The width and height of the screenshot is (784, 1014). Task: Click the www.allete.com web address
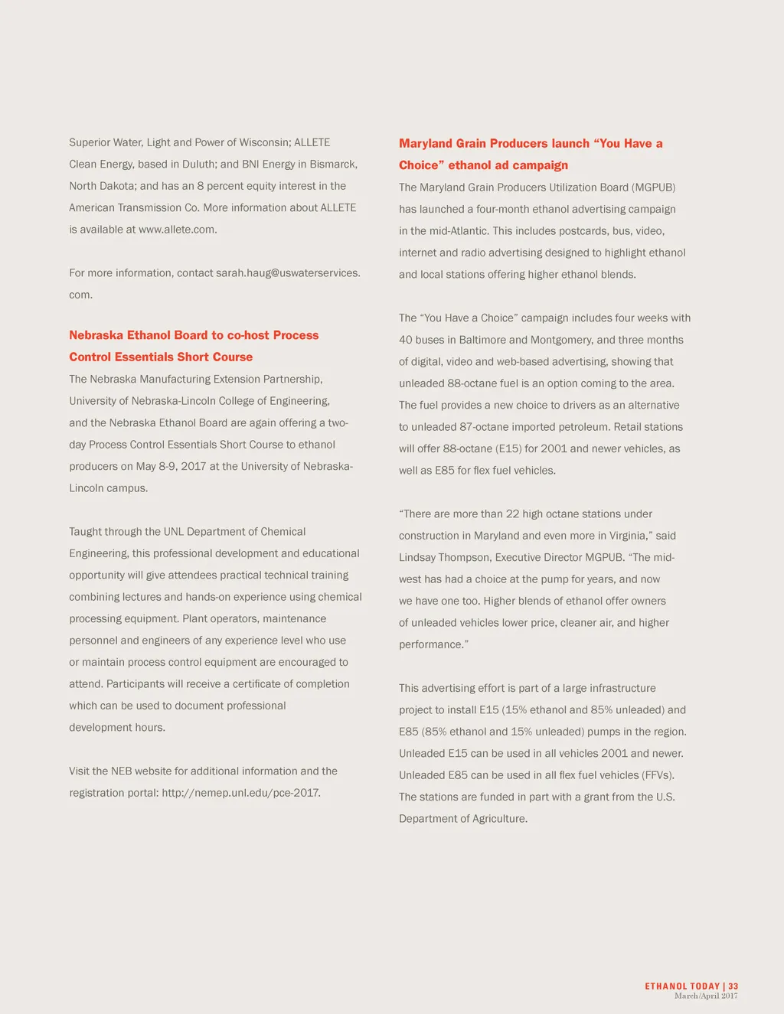[177, 230]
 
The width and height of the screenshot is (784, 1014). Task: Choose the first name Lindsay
[418, 558]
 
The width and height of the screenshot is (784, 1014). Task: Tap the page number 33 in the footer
[733, 986]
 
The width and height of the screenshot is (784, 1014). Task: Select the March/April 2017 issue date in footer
[706, 996]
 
